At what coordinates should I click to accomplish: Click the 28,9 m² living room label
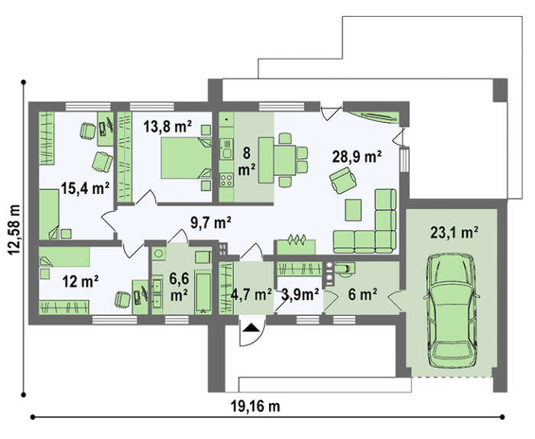357,157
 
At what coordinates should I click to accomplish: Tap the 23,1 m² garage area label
454,233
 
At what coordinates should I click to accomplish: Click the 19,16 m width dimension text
255,406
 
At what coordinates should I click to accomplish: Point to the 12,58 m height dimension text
15,229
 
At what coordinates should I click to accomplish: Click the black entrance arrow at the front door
252,328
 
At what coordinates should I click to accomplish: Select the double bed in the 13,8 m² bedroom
186,158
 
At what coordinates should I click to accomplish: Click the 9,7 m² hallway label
211,223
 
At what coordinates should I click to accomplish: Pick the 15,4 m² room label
86,188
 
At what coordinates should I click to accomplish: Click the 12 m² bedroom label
80,282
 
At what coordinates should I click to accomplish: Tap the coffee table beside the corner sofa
353,210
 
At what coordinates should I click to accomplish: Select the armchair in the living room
343,180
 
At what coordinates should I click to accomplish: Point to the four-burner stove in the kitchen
226,179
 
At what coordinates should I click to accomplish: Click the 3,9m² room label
300,295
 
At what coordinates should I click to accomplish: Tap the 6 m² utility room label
362,295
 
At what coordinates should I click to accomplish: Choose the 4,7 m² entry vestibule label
251,295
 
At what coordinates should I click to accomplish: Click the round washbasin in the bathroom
158,253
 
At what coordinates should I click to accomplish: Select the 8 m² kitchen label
247,162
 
